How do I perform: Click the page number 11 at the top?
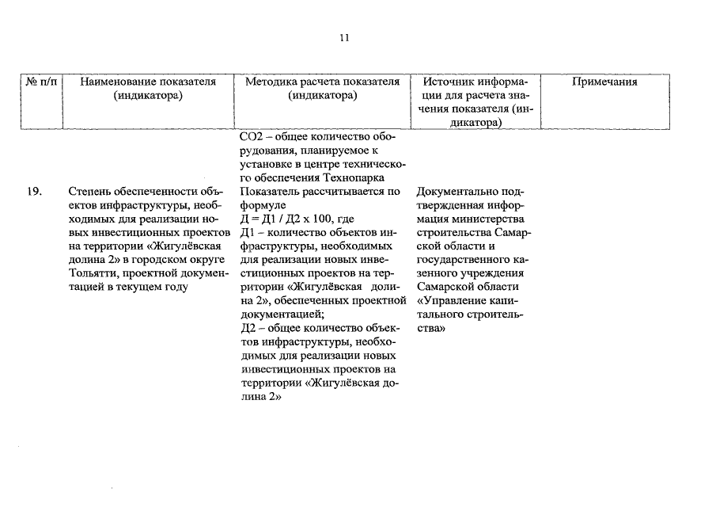click(x=344, y=37)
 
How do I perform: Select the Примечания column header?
click(x=604, y=82)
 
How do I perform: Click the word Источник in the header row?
click(x=449, y=82)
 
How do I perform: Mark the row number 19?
click(x=34, y=191)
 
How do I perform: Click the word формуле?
click(x=262, y=205)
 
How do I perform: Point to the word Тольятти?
click(x=93, y=273)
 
